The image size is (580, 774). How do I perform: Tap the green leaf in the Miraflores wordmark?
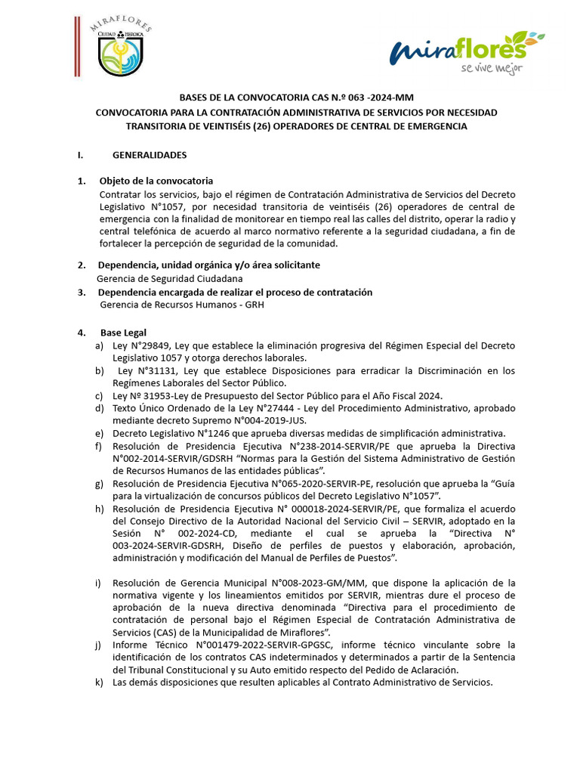click(528, 39)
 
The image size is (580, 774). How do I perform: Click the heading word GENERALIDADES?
click(150, 155)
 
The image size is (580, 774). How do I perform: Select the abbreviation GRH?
click(255, 305)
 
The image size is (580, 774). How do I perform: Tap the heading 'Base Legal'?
click(123, 333)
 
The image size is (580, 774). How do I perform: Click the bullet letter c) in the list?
click(99, 396)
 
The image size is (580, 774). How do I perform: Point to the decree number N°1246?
click(217, 433)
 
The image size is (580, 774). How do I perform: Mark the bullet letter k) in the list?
click(99, 682)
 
